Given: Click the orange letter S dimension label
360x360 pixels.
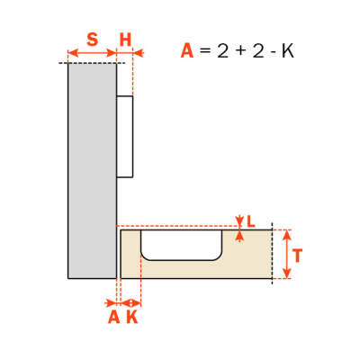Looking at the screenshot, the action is (92, 40).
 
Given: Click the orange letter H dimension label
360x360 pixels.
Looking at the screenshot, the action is (125, 40).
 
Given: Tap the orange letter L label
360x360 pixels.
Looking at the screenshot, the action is (251, 221).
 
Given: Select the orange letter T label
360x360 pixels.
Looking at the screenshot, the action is (297, 256).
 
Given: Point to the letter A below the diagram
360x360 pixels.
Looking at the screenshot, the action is (113, 317).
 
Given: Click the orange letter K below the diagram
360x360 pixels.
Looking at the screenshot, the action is (132, 317).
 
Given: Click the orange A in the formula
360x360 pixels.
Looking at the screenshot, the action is (187, 50).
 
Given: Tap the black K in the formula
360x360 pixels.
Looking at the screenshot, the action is (287, 51).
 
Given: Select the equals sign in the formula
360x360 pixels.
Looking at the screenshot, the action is (205, 51).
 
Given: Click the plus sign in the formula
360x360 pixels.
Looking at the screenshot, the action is (241, 51).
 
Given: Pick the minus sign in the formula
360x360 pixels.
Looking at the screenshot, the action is (274, 52).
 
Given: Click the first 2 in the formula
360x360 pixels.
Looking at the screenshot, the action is (223, 51).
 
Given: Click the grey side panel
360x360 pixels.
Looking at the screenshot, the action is (92, 171).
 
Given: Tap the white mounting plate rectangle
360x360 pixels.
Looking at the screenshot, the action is (124, 137).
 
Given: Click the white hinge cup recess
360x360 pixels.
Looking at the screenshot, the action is (182, 245).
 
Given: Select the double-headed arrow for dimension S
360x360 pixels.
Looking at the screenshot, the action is (92, 53).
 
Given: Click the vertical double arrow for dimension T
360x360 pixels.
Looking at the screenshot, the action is (287, 254).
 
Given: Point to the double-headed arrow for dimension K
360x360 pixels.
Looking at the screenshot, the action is (130, 302).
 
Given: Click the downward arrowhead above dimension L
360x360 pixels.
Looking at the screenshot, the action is (239, 221).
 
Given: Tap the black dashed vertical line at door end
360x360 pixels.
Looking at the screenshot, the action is (272, 254).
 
